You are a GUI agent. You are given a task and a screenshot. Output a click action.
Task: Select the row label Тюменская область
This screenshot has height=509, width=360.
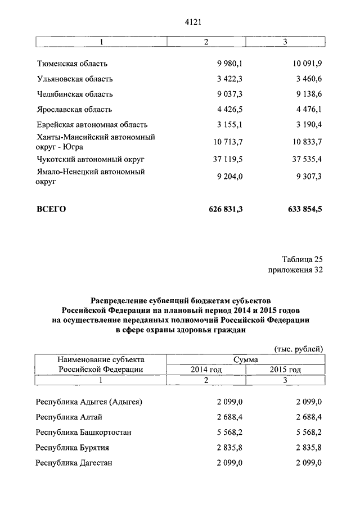point(71,64)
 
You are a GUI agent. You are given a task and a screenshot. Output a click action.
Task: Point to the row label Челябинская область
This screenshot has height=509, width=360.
point(75,94)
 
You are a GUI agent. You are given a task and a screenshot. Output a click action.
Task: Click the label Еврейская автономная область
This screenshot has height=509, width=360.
point(92,124)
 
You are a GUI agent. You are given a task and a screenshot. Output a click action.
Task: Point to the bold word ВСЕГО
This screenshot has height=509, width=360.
point(51,209)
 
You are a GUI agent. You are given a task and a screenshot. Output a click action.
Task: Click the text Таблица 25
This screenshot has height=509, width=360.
point(302,259)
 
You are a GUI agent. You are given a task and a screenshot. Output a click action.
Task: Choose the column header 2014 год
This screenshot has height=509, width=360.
point(206,370)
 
